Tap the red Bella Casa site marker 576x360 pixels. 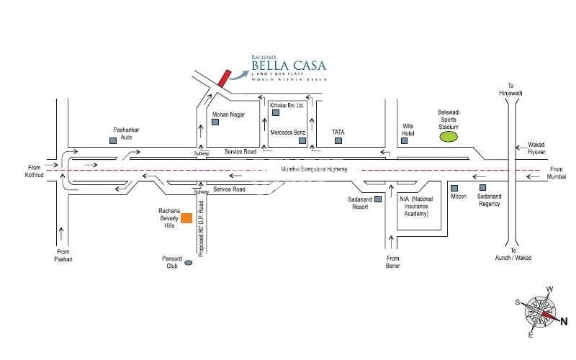224,78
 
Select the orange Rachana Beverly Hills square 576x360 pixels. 186,217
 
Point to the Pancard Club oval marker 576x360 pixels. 188,264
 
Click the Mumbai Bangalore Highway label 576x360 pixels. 307,168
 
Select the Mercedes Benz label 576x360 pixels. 288,133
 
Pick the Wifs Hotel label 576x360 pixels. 410,129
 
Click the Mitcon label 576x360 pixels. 458,197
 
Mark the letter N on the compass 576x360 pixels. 564,323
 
